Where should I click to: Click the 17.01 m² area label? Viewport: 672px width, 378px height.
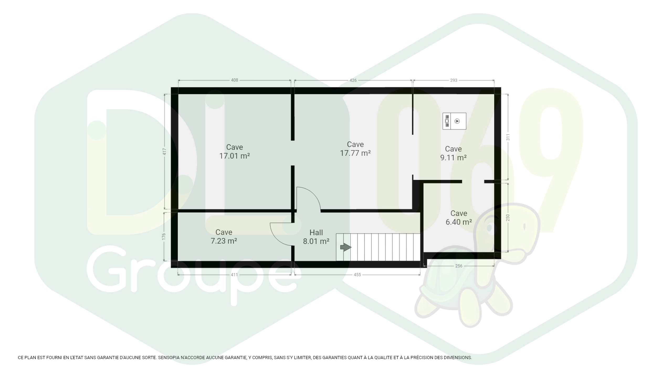[234, 156]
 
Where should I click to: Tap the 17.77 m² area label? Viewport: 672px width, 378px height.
[355, 153]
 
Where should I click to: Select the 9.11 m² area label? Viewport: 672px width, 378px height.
[453, 157]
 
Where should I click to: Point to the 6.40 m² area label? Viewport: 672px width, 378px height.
[459, 222]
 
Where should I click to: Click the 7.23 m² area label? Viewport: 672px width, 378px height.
[224, 241]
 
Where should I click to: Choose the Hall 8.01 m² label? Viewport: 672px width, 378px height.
[316, 237]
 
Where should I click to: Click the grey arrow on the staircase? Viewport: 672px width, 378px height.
[346, 247]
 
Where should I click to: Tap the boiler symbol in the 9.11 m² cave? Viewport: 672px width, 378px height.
[454, 121]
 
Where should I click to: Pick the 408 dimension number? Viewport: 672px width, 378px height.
[234, 80]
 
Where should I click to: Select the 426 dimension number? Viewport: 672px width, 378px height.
[353, 80]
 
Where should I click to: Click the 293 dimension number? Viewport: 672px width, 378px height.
[454, 80]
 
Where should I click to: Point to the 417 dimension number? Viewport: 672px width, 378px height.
[165, 151]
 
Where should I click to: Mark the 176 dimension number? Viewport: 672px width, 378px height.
[164, 237]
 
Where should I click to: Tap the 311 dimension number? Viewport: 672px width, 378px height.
[508, 137]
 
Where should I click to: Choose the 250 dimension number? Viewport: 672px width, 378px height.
[508, 218]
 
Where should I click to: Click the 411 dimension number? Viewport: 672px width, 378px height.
[234, 275]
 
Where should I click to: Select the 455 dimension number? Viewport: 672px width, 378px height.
[357, 275]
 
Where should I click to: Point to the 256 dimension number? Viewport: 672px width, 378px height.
[459, 266]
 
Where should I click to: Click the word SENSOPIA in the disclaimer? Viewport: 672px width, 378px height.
[168, 358]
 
